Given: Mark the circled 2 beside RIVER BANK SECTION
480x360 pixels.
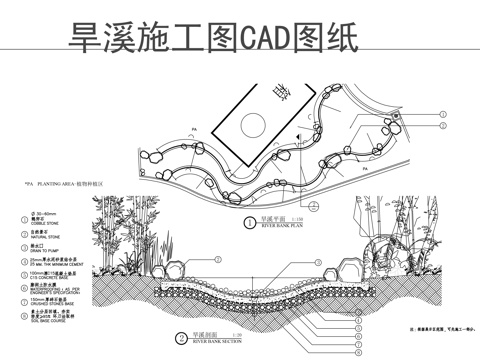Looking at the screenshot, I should [x=180, y=338].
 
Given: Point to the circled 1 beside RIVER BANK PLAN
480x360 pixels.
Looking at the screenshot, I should [x=250, y=224].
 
